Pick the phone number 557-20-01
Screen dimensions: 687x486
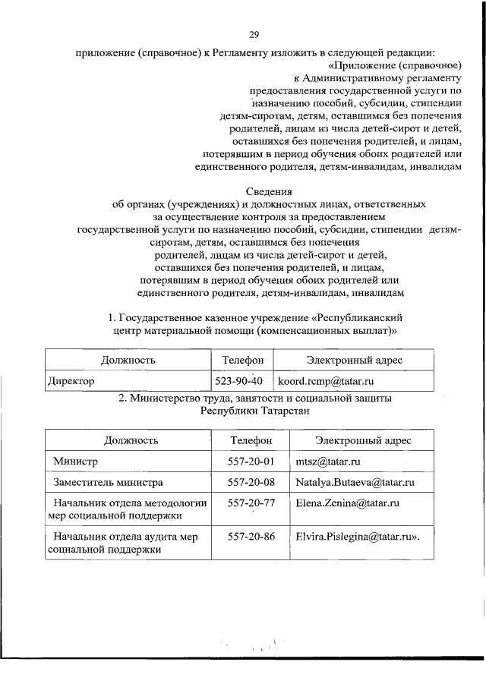click(x=250, y=461)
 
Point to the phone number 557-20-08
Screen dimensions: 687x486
click(x=250, y=482)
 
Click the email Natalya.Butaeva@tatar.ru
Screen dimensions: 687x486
click(x=353, y=482)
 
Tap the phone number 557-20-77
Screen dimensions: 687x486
click(x=250, y=503)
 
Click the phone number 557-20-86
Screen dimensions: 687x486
click(x=250, y=536)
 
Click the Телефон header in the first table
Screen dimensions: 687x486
click(x=243, y=360)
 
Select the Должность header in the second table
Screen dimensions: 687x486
click(x=131, y=440)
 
